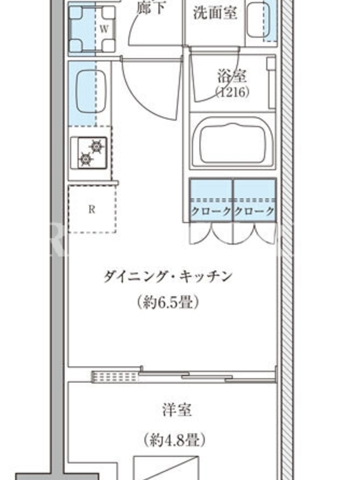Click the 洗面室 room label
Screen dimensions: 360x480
pos(215,13)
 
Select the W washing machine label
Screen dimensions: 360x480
pos(104,29)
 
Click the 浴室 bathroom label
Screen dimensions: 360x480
pos(232,76)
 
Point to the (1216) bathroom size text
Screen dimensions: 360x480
pos(232,92)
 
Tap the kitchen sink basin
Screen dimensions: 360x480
pos(91,92)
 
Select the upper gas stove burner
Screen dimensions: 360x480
pos(96,147)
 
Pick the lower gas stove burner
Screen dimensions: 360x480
pos(85,159)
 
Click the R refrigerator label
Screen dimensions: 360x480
pos(92,209)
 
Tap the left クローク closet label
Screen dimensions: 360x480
pos(211,211)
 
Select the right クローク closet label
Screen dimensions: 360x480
pos(254,211)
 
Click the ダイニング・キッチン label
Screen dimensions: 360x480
pos(168,277)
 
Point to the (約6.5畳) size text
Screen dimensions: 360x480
pos(168,302)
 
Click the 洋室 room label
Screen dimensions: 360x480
pos(177,410)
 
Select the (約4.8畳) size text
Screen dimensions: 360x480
pos(175,440)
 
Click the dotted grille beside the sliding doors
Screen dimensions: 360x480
pos(115,377)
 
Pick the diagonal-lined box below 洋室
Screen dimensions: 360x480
pos(167,469)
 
